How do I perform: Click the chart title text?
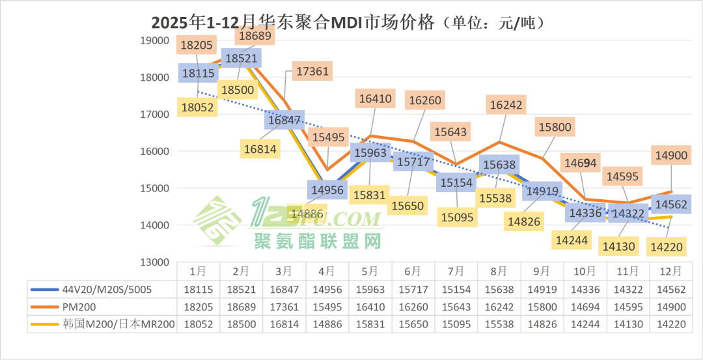point(348,23)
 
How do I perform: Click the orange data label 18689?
point(255,36)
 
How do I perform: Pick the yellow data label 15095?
point(456,217)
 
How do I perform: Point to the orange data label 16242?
point(506,105)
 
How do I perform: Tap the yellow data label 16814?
point(260,149)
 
